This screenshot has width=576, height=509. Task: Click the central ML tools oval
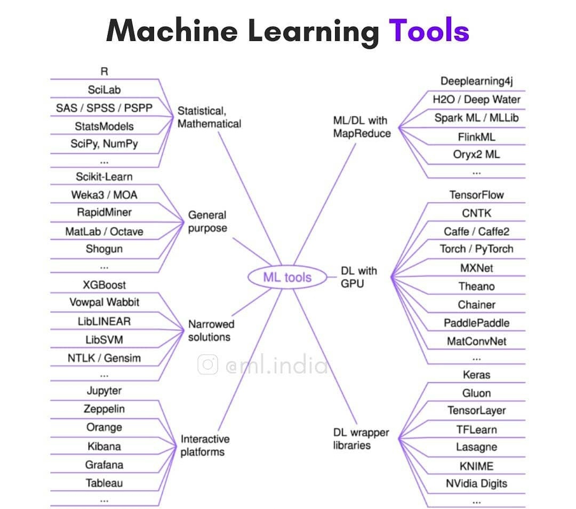(287, 277)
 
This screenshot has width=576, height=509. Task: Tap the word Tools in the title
(429, 30)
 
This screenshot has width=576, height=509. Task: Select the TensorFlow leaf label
(476, 195)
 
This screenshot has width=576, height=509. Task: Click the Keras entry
(476, 375)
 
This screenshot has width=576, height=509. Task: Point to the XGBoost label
(105, 284)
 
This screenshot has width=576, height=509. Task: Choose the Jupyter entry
(105, 391)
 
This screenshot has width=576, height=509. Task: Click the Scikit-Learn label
(105, 177)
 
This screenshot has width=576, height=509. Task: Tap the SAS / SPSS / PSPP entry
(105, 108)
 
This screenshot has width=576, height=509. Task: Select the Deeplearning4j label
(476, 81)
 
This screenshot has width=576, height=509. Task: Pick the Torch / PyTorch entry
(476, 249)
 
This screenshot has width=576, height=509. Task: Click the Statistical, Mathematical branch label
(209, 117)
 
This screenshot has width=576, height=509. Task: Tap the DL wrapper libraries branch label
(361, 439)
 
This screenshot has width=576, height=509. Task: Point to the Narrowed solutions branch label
(211, 330)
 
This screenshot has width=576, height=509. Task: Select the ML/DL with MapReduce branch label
(362, 127)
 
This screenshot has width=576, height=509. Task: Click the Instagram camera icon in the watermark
(207, 365)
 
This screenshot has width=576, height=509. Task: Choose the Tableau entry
(105, 483)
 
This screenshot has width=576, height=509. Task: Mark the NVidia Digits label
(476, 484)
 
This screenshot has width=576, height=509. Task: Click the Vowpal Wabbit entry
(105, 302)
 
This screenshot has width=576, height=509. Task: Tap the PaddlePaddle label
(476, 323)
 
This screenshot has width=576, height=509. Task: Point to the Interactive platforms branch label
(205, 446)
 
